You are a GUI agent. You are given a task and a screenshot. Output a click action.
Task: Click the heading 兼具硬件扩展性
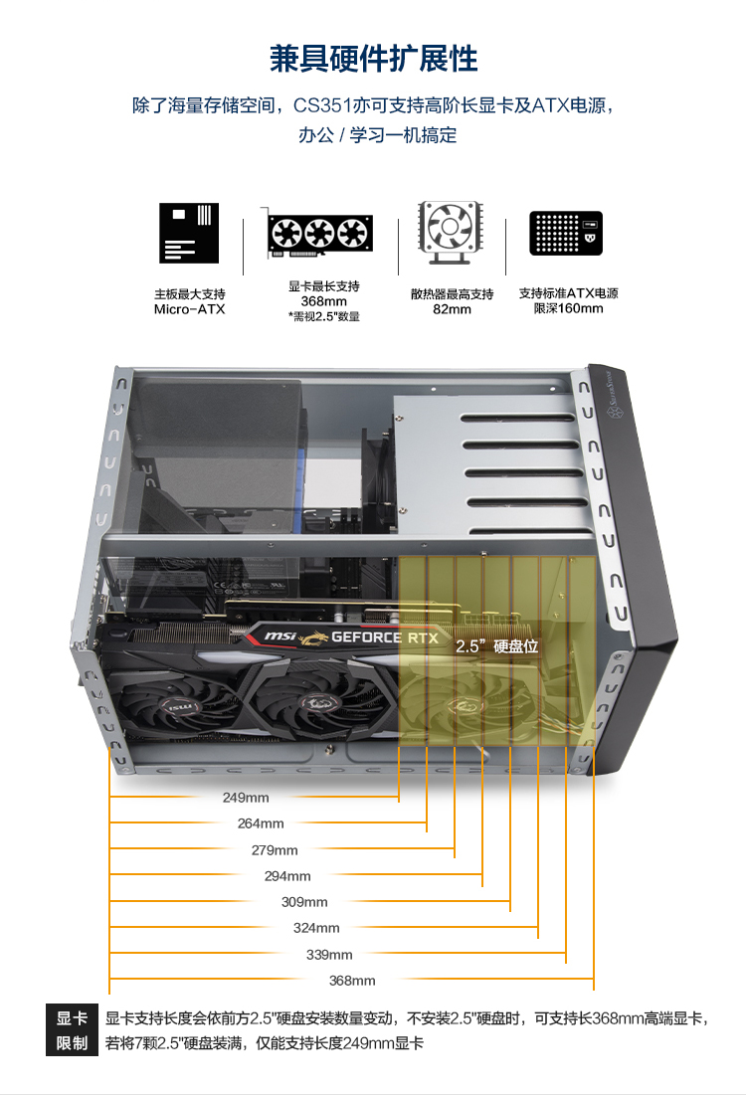point(373,59)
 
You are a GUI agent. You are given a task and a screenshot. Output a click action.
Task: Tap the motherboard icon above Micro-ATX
point(189,232)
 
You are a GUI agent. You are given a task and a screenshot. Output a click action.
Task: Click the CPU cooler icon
point(452,234)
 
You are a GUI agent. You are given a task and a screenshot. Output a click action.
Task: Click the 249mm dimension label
point(246,798)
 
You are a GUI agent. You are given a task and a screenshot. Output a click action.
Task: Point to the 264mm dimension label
point(261,823)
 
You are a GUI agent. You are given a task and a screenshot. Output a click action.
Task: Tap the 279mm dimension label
point(275,850)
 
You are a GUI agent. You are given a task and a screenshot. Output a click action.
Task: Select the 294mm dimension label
point(287,876)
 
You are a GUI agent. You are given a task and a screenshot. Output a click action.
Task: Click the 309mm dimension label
point(304,902)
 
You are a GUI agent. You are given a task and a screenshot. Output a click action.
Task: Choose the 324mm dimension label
point(316,928)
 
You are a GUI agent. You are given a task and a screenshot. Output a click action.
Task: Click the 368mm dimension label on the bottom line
point(352,981)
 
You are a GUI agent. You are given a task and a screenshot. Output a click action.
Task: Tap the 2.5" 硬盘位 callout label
point(496,646)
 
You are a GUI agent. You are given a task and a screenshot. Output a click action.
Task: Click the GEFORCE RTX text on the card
point(384,638)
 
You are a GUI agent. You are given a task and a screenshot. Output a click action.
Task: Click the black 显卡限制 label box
point(73,1031)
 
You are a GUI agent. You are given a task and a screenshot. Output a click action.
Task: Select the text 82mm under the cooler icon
point(452,309)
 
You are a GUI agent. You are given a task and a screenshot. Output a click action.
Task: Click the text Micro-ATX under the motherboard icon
point(189,309)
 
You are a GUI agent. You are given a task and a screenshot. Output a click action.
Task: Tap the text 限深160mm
point(568,308)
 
